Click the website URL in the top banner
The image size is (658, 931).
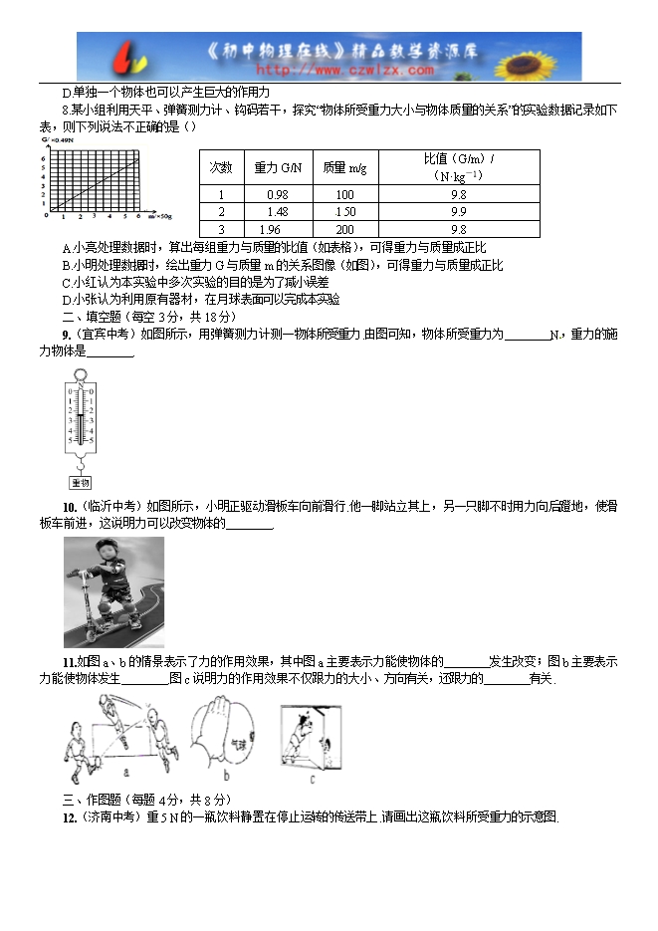click(344, 71)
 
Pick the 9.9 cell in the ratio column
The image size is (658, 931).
click(458, 212)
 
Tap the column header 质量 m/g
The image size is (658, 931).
click(345, 167)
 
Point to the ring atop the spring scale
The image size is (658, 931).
click(80, 370)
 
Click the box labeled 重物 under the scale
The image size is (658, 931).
click(80, 483)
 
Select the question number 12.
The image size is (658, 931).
click(69, 817)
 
